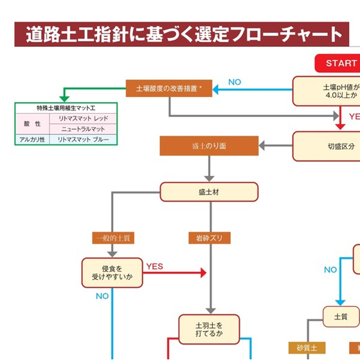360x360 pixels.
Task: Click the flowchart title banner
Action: (181, 35)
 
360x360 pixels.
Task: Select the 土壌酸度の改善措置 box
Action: (169, 88)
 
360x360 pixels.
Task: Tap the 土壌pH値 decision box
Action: (327, 91)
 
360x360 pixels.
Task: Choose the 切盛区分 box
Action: (327, 146)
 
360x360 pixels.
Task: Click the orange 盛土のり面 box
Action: (209, 146)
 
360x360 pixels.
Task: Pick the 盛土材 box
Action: (209, 192)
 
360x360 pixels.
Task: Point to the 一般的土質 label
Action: (113, 238)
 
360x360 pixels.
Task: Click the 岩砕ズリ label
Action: (209, 238)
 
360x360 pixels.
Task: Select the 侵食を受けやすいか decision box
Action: (112, 273)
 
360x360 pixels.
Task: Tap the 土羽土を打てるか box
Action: (209, 328)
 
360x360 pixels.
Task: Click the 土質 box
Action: (340, 316)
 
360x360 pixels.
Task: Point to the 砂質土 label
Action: (307, 348)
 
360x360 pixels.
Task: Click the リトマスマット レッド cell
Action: (83, 119)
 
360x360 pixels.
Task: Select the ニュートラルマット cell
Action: (83, 129)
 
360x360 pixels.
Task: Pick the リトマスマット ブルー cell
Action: (83, 139)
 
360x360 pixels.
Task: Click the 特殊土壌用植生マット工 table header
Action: (66, 108)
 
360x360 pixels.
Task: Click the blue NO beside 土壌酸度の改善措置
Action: (234, 82)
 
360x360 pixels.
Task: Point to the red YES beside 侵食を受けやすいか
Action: (155, 265)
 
